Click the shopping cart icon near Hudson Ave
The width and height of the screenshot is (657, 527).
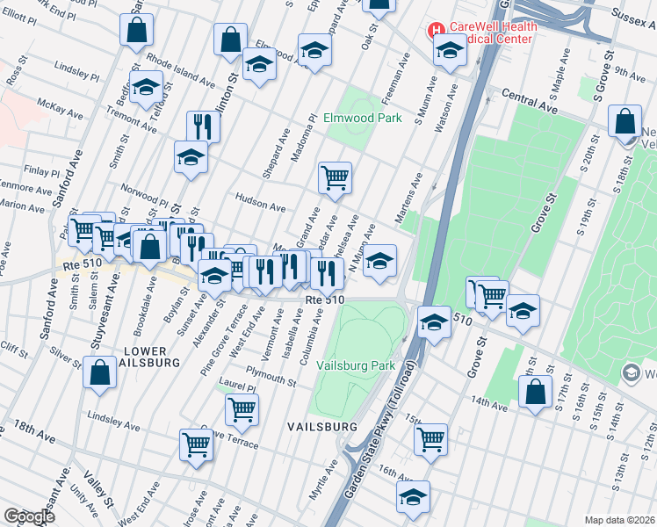[x=335, y=177]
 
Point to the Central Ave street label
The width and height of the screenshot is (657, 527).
[x=531, y=103]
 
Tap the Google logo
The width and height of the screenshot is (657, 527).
[x=29, y=516]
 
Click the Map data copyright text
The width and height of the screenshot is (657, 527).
[x=620, y=519]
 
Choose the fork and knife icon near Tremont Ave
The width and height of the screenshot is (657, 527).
[x=203, y=126]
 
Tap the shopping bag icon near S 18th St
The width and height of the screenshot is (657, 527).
[x=625, y=123]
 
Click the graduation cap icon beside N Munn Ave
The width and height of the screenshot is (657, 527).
[x=379, y=261]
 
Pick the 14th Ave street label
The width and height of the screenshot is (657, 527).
[x=490, y=403]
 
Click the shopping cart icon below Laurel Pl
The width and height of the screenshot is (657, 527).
[x=242, y=408]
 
